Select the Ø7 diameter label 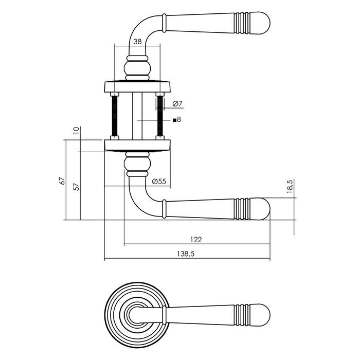pyautogui.click(x=177, y=104)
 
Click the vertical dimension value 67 pyautogui.click(x=62, y=181)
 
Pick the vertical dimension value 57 pyautogui.click(x=77, y=186)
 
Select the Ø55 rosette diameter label pyautogui.click(x=159, y=181)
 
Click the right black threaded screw pyautogui.click(x=159, y=116)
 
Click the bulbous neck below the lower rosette pyautogui.click(x=137, y=164)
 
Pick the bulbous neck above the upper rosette pyautogui.click(x=137, y=68)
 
